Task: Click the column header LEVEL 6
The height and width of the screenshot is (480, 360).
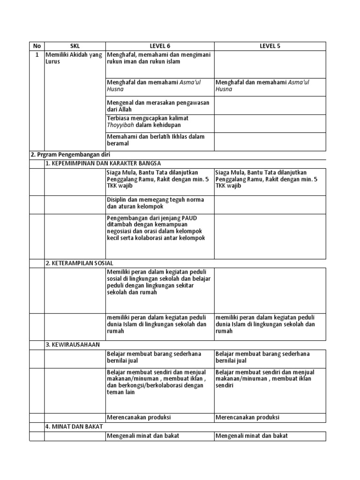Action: tap(160, 46)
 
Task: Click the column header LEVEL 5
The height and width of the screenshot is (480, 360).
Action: tap(270, 46)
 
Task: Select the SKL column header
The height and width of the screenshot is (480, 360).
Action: tap(75, 46)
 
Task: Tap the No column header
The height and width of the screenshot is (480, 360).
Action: tap(37, 46)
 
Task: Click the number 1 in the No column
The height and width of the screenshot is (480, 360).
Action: tap(37, 55)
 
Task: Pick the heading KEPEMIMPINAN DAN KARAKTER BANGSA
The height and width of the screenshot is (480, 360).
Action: tap(103, 163)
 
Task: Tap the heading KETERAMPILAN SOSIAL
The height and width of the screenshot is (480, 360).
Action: tap(79, 263)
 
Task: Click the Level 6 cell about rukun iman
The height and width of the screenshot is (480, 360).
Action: tap(158, 58)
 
